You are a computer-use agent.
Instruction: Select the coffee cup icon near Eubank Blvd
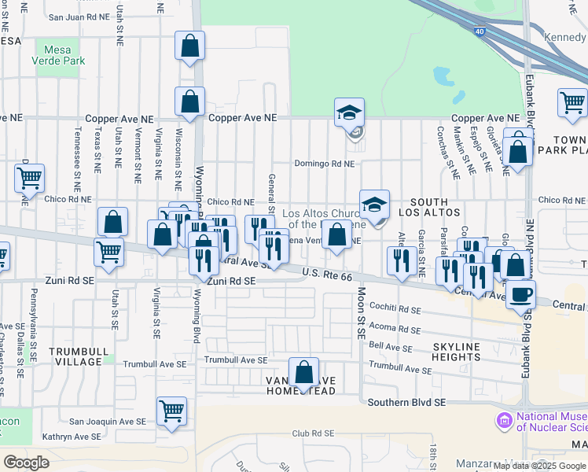520,295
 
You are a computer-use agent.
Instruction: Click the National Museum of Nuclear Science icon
503,422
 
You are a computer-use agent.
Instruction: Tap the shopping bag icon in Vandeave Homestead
303,371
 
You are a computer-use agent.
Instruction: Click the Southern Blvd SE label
406,402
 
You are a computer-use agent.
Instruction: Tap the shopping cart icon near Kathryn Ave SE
171,411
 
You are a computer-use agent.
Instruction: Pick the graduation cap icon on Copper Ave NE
349,112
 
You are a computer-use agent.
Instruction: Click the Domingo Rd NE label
325,164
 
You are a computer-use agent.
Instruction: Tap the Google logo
26,463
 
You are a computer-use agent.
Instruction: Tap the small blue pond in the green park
443,76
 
